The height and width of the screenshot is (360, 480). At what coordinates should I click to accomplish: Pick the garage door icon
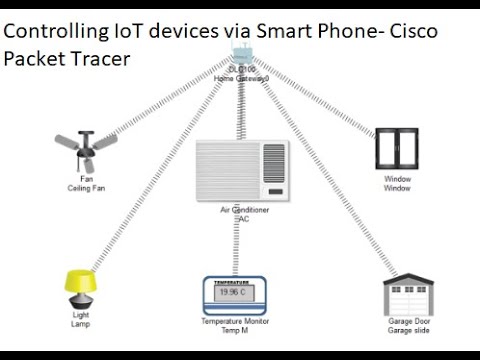(407, 297)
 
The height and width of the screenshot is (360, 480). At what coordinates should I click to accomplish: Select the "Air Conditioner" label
(244, 210)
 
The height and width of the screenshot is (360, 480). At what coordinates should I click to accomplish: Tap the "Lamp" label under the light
(81, 325)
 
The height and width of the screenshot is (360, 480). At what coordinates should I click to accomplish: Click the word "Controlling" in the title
(52, 32)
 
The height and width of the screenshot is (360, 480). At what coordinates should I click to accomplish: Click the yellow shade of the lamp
(80, 281)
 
